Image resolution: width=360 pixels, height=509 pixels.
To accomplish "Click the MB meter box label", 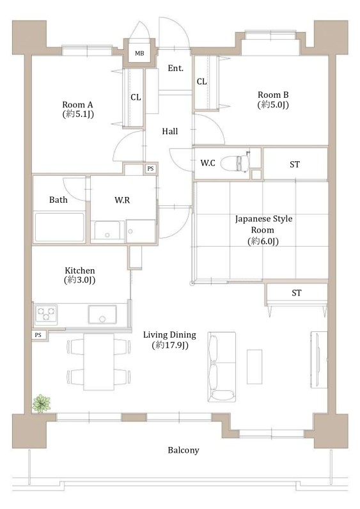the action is click(139, 54).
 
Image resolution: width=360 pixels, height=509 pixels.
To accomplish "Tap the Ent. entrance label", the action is click(176, 68).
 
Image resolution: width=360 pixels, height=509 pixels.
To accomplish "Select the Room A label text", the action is click(77, 105).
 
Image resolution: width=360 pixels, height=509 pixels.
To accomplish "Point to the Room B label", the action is click(273, 95).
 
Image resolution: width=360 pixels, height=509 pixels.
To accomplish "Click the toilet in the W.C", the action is click(235, 162).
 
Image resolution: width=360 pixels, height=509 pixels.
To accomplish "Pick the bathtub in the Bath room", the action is click(59, 227).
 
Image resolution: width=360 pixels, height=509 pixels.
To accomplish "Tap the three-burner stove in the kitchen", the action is click(46, 314).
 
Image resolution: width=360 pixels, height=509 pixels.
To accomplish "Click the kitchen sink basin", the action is click(102, 314).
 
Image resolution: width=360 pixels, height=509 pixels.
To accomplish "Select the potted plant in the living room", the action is click(42, 403).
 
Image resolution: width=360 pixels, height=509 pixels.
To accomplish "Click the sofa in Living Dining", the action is click(222, 367).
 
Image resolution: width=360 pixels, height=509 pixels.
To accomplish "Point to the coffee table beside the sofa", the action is click(254, 366).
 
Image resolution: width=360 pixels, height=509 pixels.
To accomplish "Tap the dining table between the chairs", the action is click(98, 362).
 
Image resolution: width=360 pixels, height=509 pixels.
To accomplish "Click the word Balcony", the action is click(184, 450).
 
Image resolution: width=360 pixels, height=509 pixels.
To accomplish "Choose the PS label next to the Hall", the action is click(150, 169).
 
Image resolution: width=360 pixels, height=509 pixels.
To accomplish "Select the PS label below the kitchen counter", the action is click(38, 334).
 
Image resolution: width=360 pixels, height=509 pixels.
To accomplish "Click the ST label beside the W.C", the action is click(295, 164).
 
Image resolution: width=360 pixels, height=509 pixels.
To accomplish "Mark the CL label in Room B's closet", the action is click(201, 81).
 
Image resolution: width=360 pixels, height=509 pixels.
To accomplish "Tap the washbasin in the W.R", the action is click(107, 231).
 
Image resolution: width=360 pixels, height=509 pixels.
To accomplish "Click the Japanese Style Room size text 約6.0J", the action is click(263, 241).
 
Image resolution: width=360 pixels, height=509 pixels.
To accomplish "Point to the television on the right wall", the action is click(318, 359).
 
